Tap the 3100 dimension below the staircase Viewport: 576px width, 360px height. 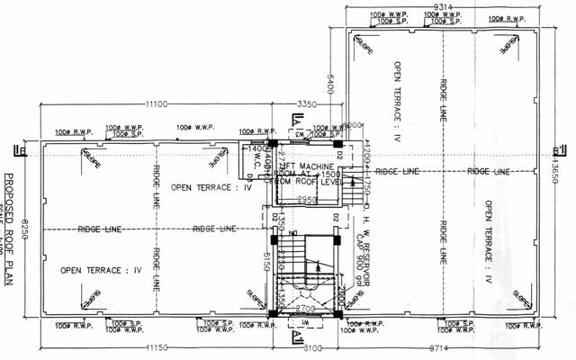pyautogui.click(x=308, y=346)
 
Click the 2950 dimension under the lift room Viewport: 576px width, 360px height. pyautogui.click(x=304, y=200)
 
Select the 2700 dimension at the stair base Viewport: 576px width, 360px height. pyautogui.click(x=303, y=309)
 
